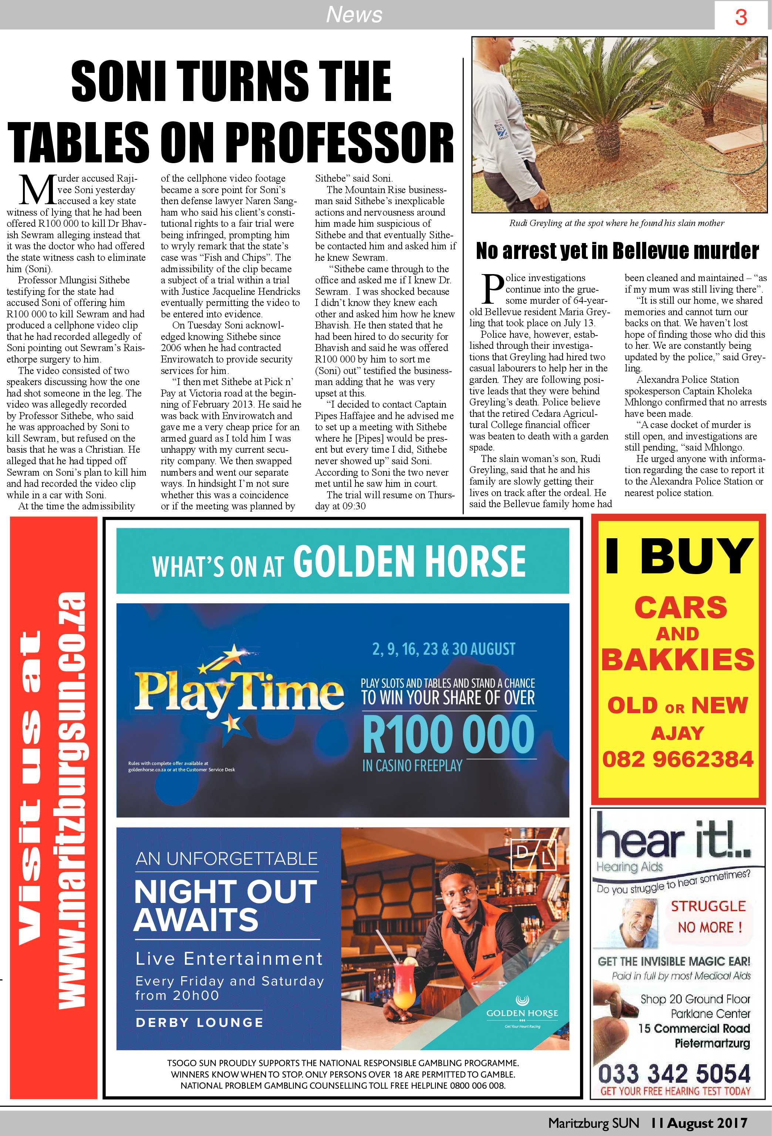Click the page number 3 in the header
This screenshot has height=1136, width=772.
741,18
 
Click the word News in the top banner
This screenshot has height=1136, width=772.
354,15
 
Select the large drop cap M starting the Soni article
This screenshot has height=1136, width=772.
37,190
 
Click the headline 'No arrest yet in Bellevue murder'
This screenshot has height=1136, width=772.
617,251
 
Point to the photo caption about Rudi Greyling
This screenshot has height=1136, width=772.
617,223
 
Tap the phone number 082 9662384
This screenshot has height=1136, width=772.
678,759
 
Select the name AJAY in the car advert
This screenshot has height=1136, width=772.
678,733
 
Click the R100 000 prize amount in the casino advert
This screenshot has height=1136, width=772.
448,734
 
